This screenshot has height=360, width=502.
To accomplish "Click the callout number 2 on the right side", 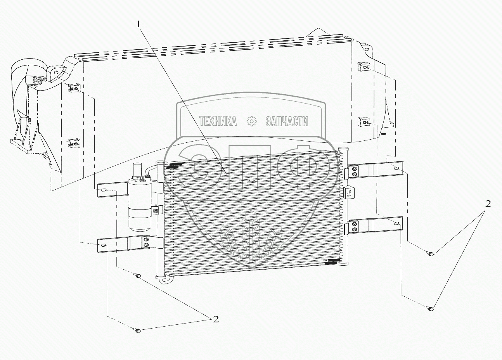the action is [488, 204].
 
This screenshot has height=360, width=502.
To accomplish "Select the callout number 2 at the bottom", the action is [216, 319].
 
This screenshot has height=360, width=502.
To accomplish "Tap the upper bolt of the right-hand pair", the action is [431, 254].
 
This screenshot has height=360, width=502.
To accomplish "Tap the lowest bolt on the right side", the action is [430, 309].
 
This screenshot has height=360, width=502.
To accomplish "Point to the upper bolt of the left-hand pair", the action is [138, 276].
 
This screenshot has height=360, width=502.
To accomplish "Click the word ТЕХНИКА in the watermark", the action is [218, 122].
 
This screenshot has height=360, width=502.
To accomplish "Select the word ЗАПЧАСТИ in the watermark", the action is [287, 122].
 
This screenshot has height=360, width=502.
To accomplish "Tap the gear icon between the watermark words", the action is [252, 122].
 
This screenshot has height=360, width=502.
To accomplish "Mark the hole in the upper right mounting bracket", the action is [397, 168].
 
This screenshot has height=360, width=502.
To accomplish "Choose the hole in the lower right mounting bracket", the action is [396, 224].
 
